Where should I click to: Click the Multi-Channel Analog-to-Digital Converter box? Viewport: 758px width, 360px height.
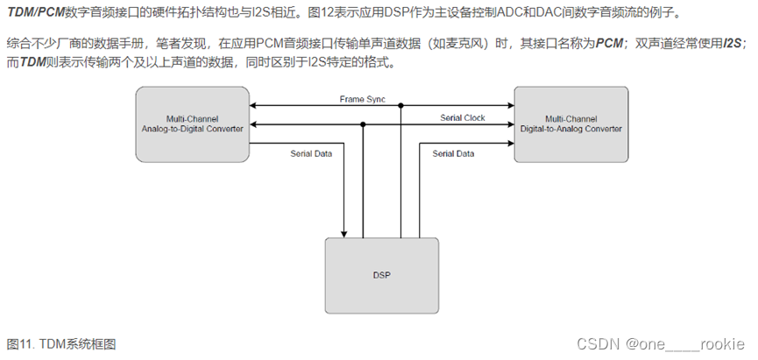[x=193, y=123]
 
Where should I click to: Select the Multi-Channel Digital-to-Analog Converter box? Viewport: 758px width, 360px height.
[x=570, y=123]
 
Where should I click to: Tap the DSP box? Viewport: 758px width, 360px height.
[x=382, y=275]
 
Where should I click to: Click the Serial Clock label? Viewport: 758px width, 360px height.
[x=463, y=117]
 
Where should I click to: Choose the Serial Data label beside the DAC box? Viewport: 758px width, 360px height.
[x=453, y=153]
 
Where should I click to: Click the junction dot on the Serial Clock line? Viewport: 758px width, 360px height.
[x=363, y=124]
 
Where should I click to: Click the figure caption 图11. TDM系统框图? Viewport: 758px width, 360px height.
[x=61, y=344]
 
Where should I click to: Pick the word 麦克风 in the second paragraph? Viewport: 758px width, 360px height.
[x=497, y=43]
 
